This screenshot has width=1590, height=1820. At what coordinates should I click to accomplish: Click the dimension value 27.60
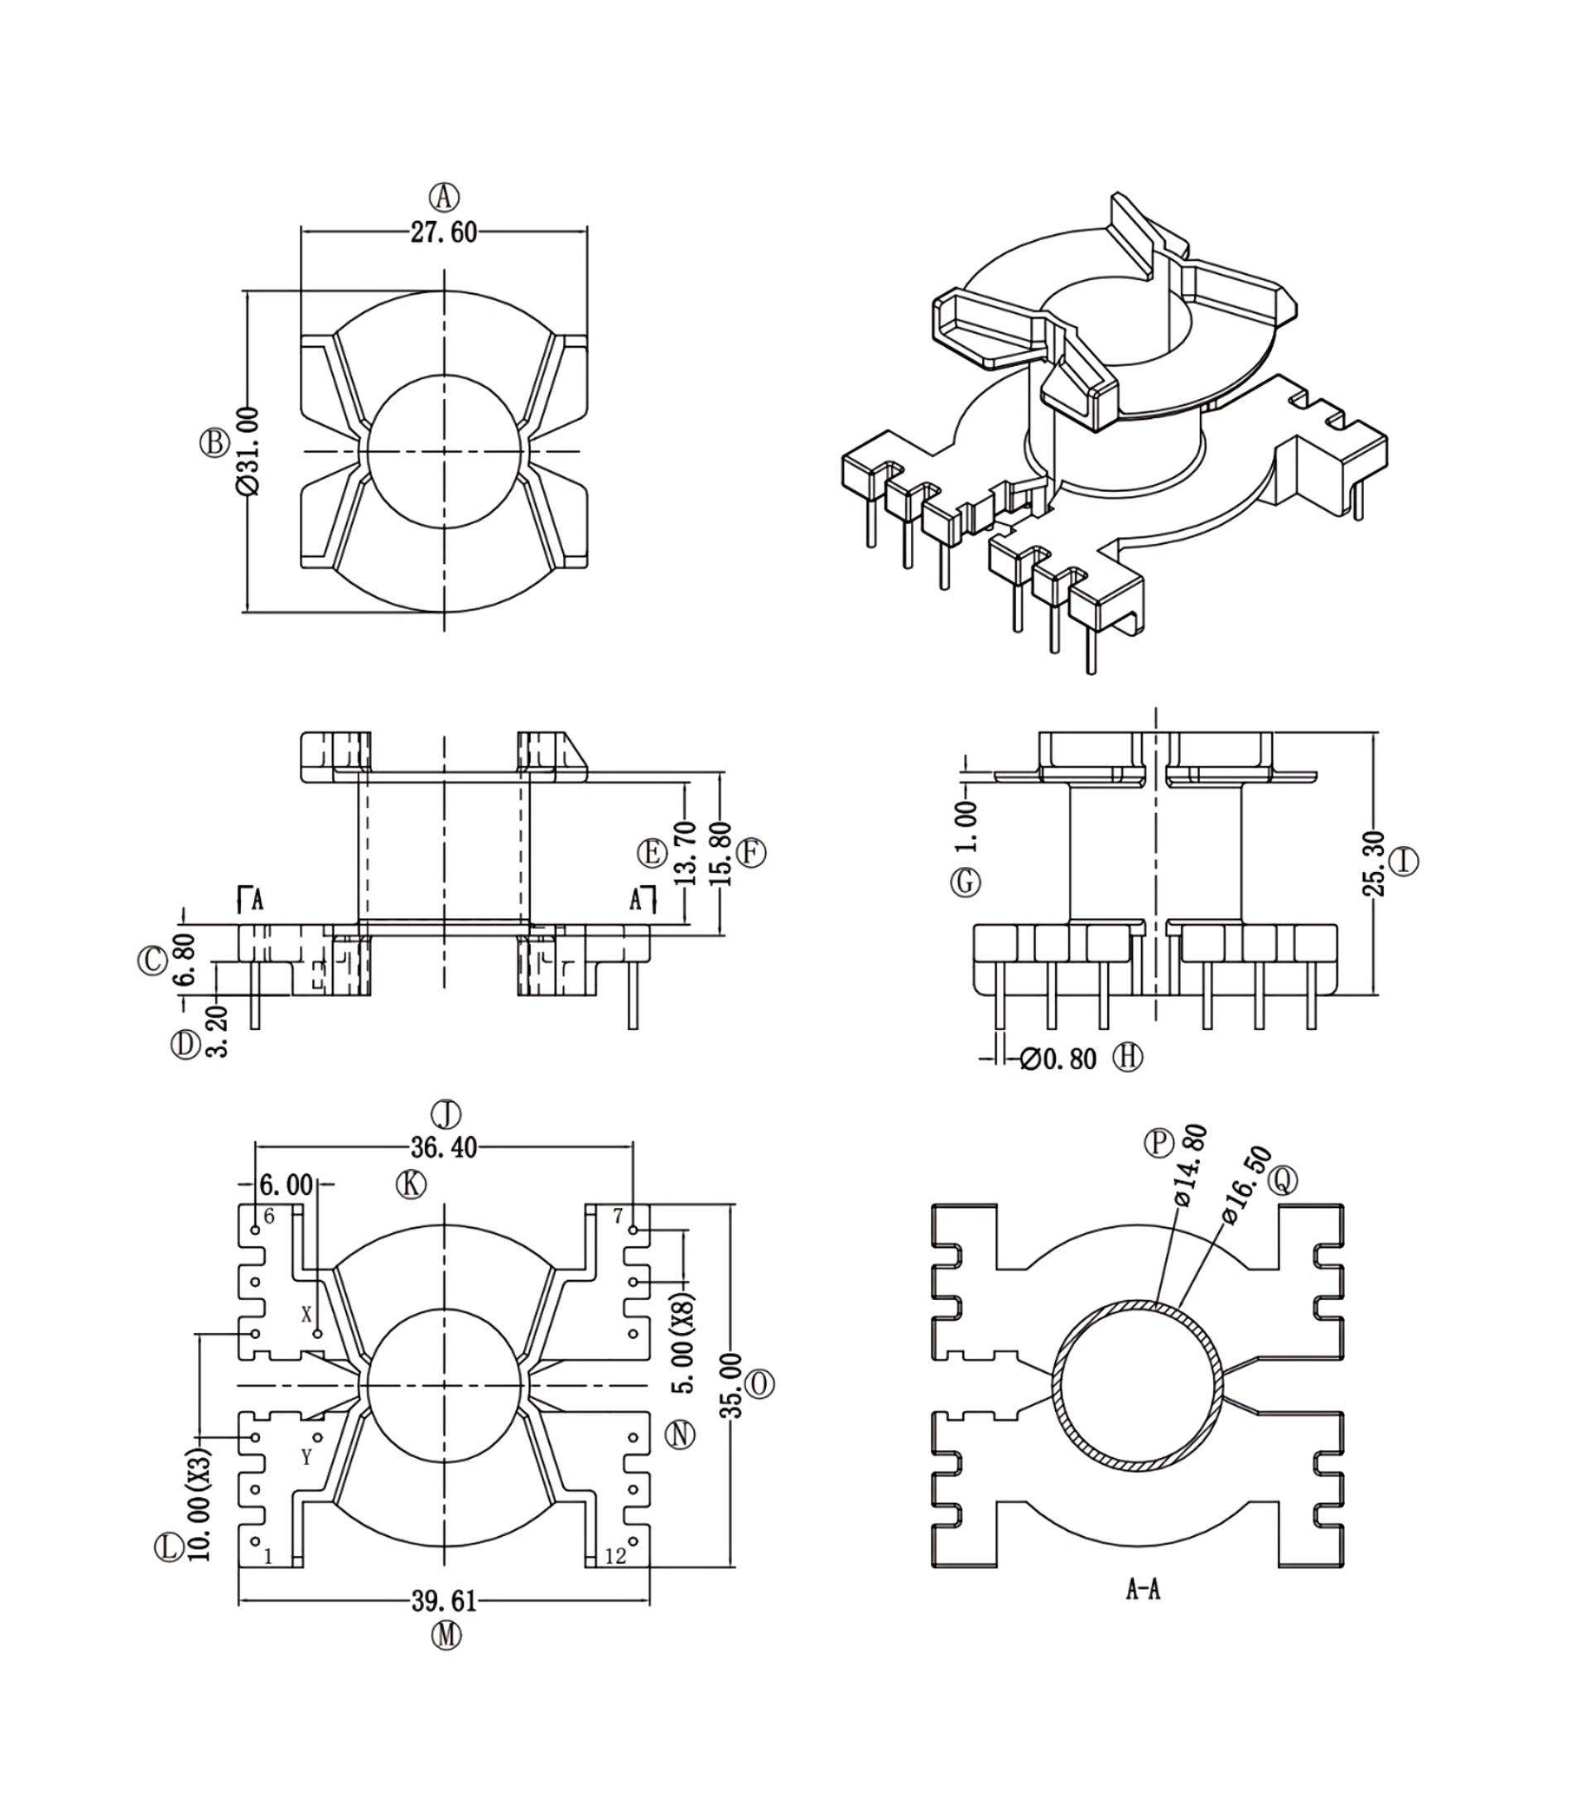click(444, 233)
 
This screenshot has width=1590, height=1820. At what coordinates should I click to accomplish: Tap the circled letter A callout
click(445, 195)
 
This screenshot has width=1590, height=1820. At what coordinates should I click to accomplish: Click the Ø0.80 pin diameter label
click(1058, 1058)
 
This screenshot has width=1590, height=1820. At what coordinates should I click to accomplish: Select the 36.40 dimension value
click(444, 1148)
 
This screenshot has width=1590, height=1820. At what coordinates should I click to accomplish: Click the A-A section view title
click(1143, 1591)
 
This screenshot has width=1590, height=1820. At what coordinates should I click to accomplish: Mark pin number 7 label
click(619, 1217)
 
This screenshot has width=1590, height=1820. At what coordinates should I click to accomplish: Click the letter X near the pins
click(307, 1314)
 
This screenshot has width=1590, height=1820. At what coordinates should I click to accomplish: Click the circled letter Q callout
click(1283, 1180)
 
